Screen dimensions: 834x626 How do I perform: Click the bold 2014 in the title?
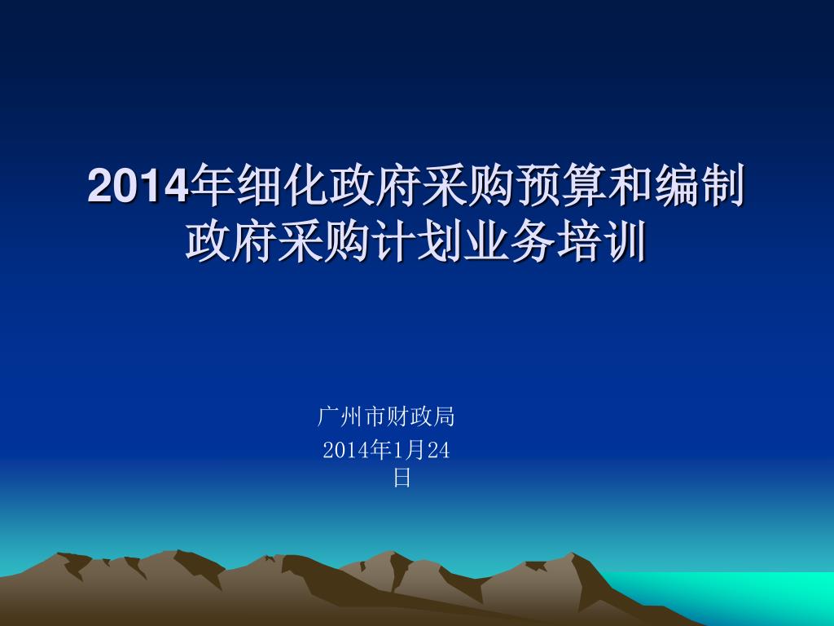point(138,186)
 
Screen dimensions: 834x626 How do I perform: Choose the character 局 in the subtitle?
point(444,417)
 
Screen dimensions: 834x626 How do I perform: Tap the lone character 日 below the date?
point(402,478)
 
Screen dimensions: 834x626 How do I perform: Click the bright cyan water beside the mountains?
point(744,596)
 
